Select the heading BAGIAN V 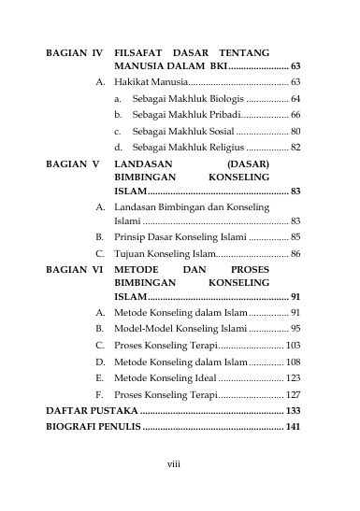71,161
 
